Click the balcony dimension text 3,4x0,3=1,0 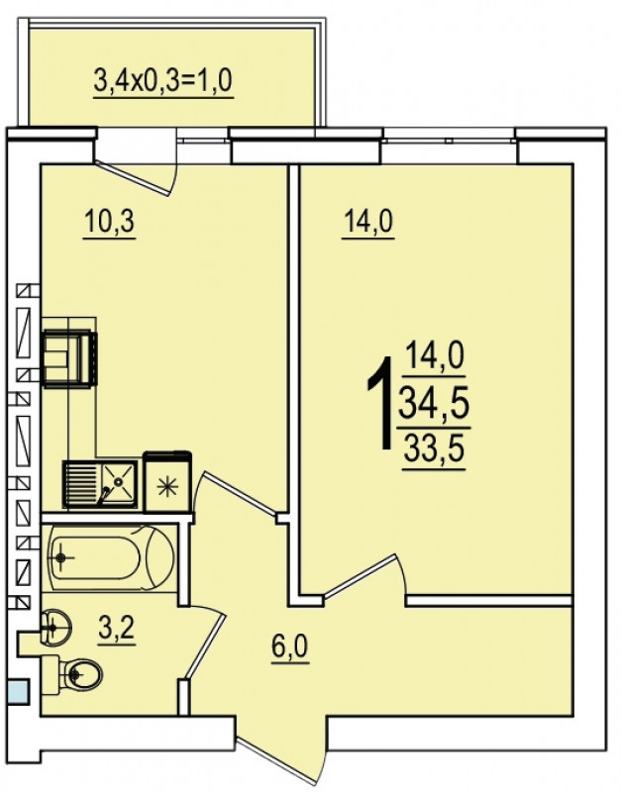pyautogui.click(x=163, y=81)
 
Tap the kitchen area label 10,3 pyautogui.click(x=110, y=221)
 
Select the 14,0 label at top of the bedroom pyautogui.click(x=368, y=221)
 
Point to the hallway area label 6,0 pyautogui.click(x=290, y=646)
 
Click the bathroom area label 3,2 pyautogui.click(x=117, y=629)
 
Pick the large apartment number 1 pyautogui.click(x=381, y=403)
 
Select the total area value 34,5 pyautogui.click(x=434, y=405)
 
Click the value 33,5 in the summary pyautogui.click(x=434, y=449)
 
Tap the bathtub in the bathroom pyautogui.click(x=111, y=557)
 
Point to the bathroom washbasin pyautogui.click(x=55, y=628)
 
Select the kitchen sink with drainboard pyautogui.click(x=100, y=484)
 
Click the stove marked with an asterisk pyautogui.click(x=167, y=483)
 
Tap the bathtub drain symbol pyautogui.click(x=61, y=557)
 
